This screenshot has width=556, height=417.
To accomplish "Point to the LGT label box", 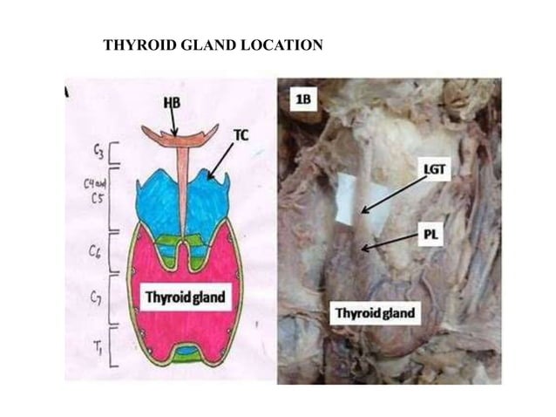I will point(437,171).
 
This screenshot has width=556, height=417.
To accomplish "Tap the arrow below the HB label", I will point(173,122).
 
